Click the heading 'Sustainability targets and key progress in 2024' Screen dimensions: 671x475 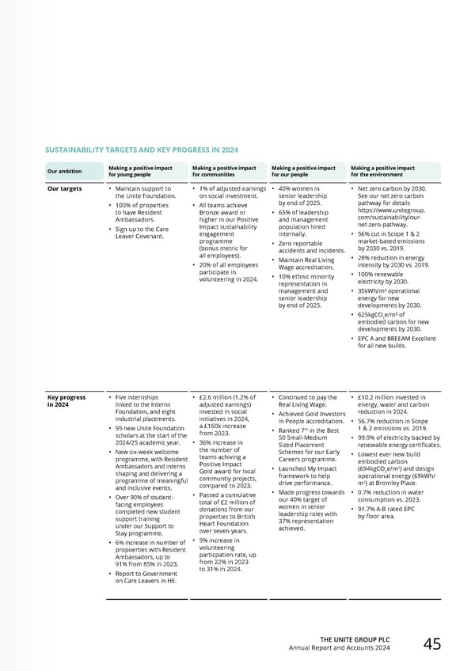pyautogui.click(x=141, y=150)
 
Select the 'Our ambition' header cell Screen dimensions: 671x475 pyautogui.click(x=63, y=171)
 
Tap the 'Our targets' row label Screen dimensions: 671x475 pyautogui.click(x=64, y=189)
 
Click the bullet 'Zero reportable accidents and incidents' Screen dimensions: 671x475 pyautogui.click(x=307, y=247)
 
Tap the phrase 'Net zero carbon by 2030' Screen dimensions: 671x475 pyautogui.click(x=393, y=189)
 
